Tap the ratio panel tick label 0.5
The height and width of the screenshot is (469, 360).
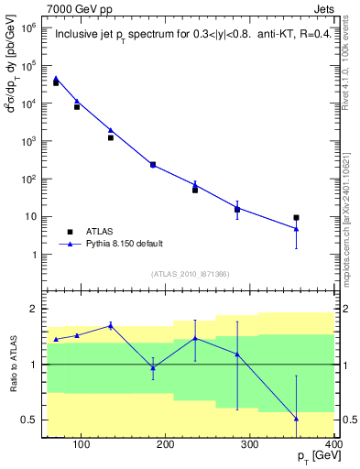tap(27, 420)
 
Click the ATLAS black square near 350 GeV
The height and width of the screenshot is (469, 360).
tap(296, 218)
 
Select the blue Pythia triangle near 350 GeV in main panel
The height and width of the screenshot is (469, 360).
tap(296, 229)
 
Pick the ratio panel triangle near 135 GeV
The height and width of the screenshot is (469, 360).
tap(111, 325)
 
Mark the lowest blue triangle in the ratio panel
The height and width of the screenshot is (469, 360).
tap(296, 419)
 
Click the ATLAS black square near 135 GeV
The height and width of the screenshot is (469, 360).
tap(111, 137)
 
